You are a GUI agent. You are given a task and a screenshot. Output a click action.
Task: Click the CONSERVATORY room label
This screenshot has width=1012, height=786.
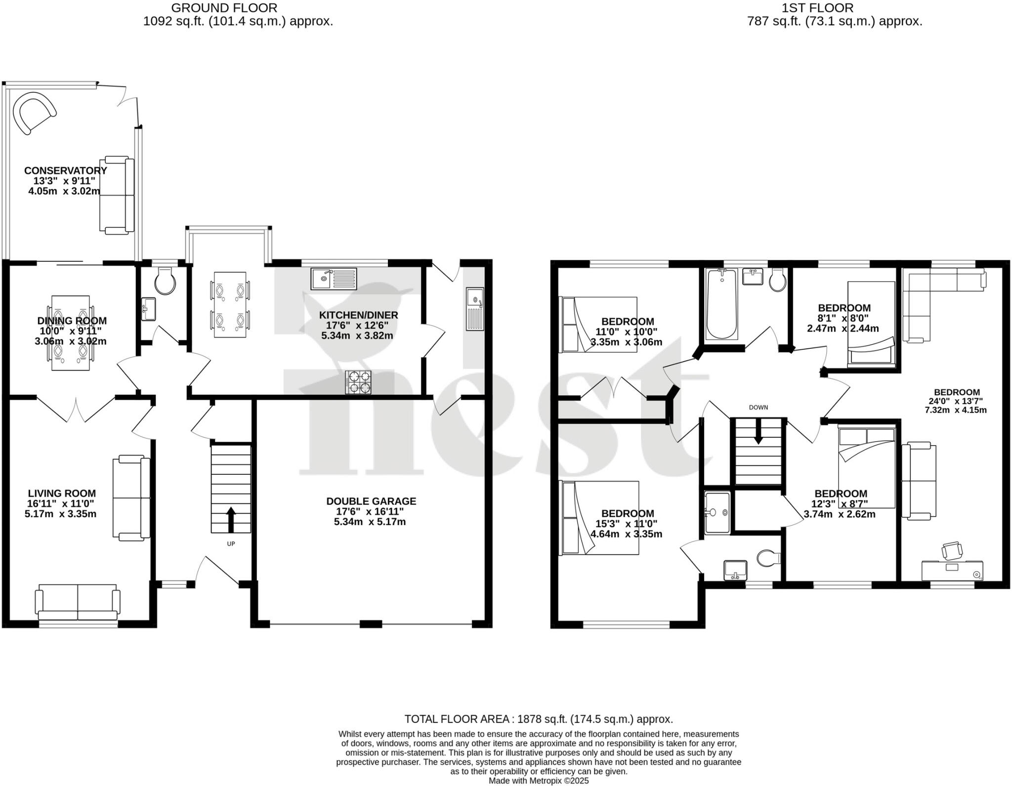tap(66, 170)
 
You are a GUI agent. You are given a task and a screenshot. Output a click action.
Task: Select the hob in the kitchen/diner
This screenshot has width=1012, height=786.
tap(358, 382)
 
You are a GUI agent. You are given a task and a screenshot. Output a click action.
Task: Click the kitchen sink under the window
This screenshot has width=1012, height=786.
tap(334, 279)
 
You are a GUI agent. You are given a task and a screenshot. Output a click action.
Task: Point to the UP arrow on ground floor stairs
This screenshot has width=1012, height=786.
tap(231, 519)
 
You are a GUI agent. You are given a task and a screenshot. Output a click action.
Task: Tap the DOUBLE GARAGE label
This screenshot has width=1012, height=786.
tap(371, 501)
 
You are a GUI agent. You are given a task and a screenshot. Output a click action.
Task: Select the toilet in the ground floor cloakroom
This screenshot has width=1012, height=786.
tap(165, 281)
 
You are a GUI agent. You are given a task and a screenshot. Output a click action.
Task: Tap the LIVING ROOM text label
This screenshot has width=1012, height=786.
tap(62, 493)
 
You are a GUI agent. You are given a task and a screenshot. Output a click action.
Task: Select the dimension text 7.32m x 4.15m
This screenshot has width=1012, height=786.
tap(955, 410)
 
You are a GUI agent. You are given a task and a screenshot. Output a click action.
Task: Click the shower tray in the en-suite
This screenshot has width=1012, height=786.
tap(717, 513)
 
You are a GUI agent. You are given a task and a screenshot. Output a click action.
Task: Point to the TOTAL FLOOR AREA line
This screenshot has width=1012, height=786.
tap(539, 719)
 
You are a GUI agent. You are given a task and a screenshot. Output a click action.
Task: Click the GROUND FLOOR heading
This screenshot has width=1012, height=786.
tap(224, 8)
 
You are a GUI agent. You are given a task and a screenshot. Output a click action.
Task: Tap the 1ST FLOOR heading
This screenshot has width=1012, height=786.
tap(835, 8)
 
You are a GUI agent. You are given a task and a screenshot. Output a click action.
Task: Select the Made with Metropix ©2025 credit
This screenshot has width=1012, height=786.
tap(539, 781)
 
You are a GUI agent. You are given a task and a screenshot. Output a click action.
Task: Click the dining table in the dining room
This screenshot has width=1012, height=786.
tap(71, 332)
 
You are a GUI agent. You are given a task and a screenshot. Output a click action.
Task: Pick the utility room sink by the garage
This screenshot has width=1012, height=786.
tap(475, 309)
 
